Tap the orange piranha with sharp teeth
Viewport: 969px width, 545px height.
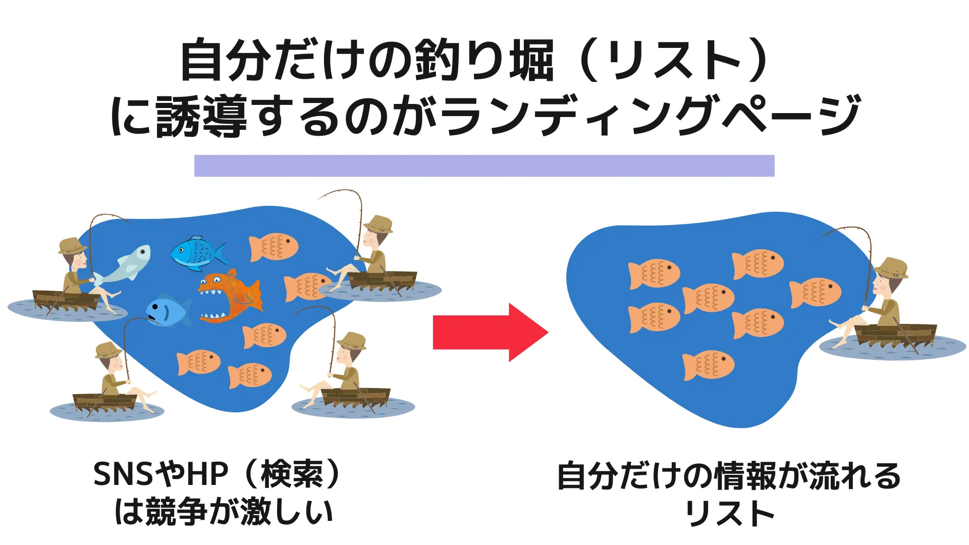coord(231,296)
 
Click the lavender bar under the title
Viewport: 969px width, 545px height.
coord(484,166)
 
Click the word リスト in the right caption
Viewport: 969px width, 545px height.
coord(730,513)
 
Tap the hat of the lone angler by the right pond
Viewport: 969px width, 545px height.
coord(891,267)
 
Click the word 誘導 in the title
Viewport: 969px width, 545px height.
coord(201,116)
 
